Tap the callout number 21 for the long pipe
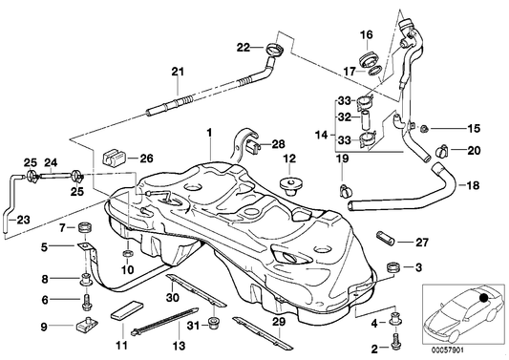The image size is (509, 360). (176, 70)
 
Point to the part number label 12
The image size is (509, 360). (288, 159)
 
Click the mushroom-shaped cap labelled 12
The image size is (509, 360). (287, 180)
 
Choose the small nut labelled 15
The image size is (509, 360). (421, 128)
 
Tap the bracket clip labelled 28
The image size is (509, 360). (253, 147)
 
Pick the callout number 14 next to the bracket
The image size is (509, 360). (320, 134)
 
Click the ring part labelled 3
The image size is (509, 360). (390, 265)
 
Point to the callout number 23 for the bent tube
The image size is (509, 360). (23, 221)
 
